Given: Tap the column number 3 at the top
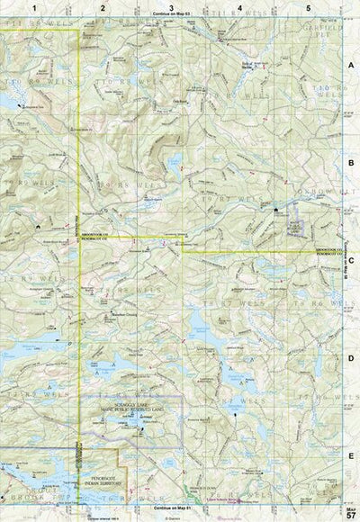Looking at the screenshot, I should click(x=171, y=7).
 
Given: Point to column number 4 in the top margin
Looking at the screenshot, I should click(x=239, y=7).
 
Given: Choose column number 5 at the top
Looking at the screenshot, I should click(x=309, y=7).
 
